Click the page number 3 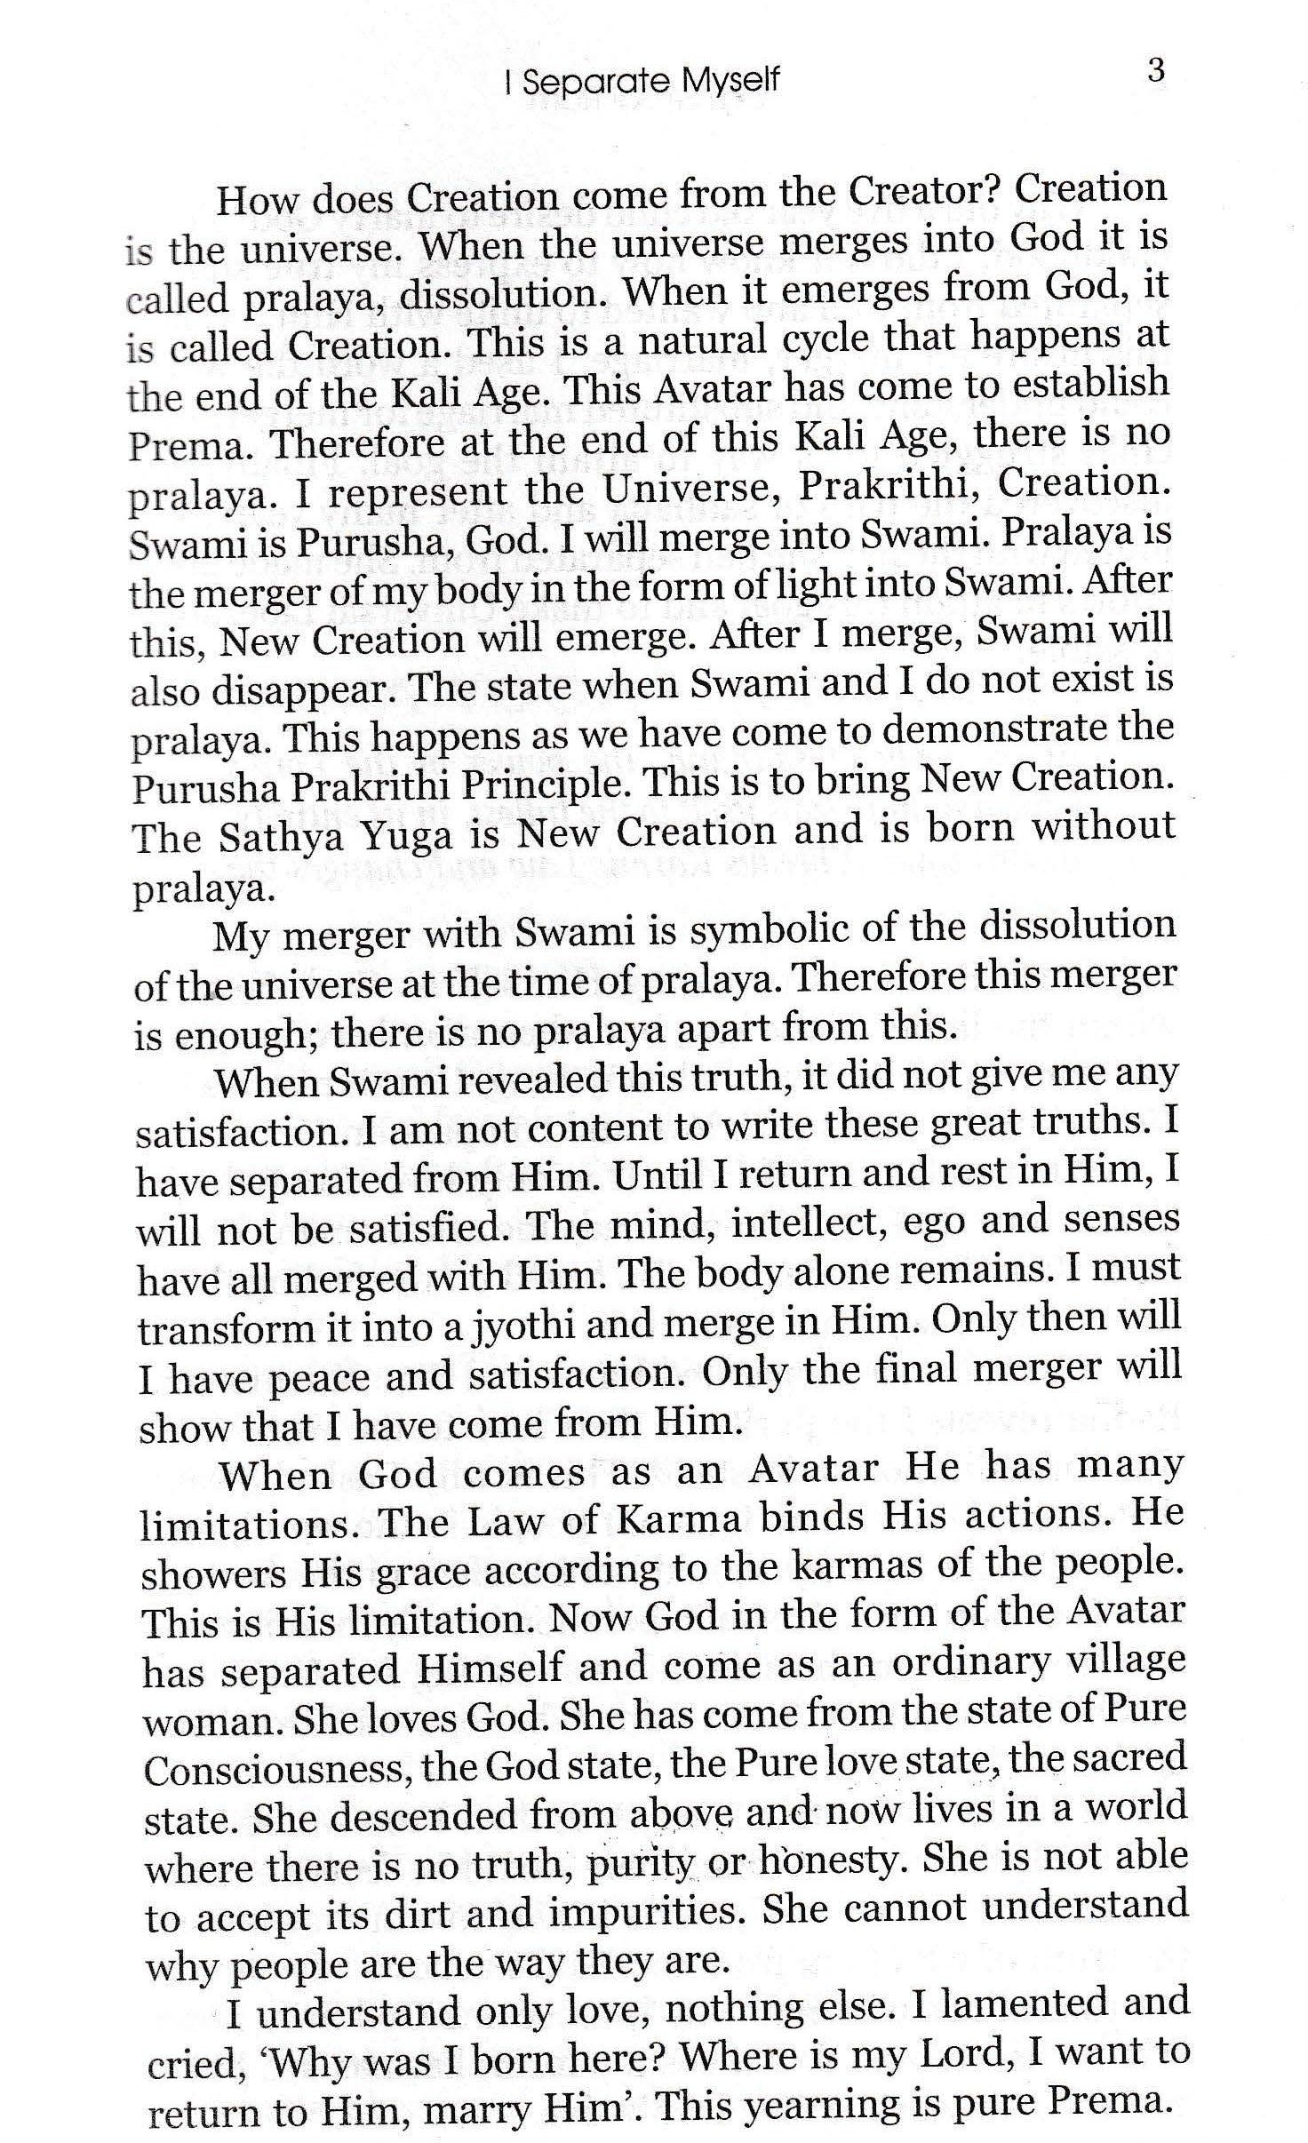1156,71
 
